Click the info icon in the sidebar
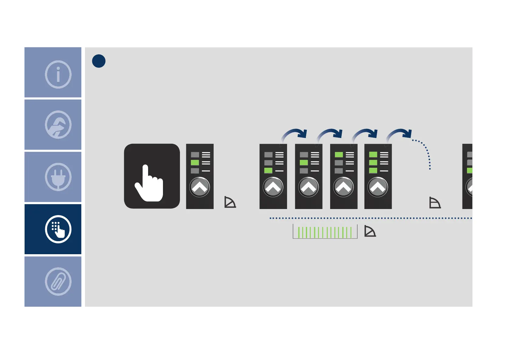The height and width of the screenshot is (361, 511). pyautogui.click(x=58, y=74)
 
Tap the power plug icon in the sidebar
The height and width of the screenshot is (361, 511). pyautogui.click(x=58, y=177)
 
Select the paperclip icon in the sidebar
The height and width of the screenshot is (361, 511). pyautogui.click(x=58, y=282)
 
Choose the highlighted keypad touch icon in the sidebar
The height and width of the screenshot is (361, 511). pyautogui.click(x=58, y=229)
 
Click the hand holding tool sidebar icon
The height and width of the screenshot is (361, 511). pyautogui.click(x=58, y=125)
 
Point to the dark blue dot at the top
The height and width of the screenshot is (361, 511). pyautogui.click(x=99, y=61)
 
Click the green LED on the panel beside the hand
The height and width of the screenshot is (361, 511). pyautogui.click(x=195, y=163)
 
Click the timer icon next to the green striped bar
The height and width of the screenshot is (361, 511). pyautogui.click(x=370, y=231)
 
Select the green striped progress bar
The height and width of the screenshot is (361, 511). pyautogui.click(x=325, y=232)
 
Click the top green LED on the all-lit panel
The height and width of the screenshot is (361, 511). pyautogui.click(x=373, y=155)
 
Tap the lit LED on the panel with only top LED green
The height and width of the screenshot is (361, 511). pyautogui.click(x=339, y=155)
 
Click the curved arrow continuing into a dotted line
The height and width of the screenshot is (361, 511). pyautogui.click(x=400, y=134)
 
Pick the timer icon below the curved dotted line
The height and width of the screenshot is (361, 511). pyautogui.click(x=435, y=203)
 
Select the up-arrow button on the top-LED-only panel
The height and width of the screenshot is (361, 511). pyautogui.click(x=343, y=187)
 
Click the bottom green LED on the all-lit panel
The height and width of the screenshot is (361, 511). pyautogui.click(x=373, y=170)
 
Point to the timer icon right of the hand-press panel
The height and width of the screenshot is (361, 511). pyautogui.click(x=230, y=202)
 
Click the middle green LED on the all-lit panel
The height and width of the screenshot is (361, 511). pyautogui.click(x=373, y=163)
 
